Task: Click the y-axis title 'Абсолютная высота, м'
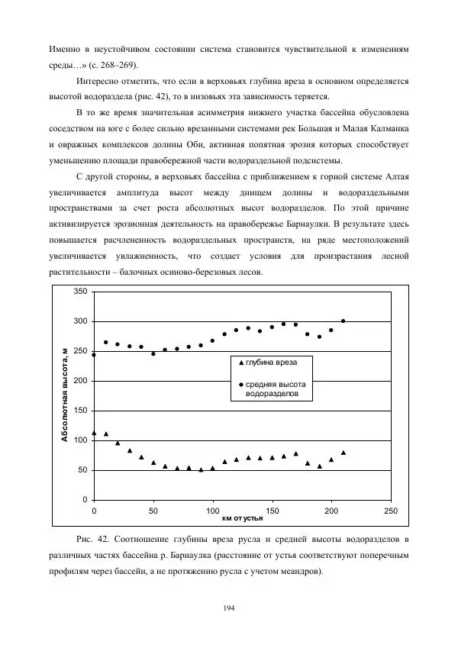point(66,395)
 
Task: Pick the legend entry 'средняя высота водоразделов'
point(276,389)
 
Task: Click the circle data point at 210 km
point(343,321)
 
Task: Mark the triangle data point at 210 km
point(343,453)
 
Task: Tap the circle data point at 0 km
point(94,355)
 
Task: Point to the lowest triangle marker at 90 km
point(201,469)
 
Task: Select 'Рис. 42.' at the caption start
point(93,540)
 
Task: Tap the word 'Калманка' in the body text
point(386,129)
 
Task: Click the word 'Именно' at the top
point(64,48)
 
